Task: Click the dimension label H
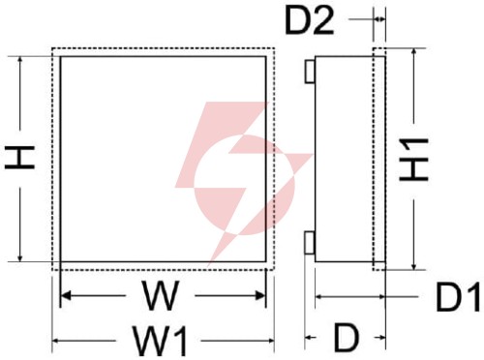19,157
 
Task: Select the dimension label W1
161,341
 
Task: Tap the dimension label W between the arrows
160,296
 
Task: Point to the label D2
309,20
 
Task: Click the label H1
413,159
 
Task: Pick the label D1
458,296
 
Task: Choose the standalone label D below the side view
347,338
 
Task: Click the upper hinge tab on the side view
310,72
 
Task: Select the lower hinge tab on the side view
310,243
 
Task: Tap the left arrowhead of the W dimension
66,295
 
